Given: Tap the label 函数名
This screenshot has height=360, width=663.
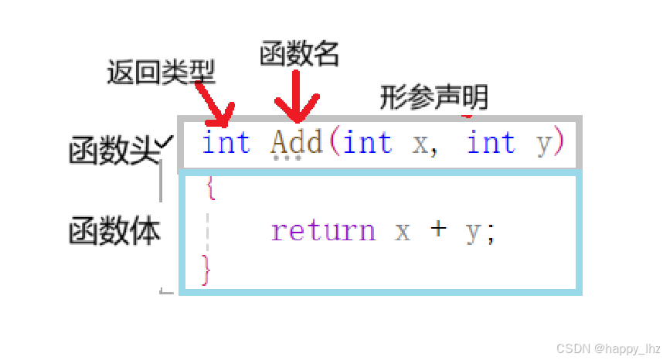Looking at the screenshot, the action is [299, 56].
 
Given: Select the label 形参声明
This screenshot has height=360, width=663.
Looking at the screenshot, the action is [433, 97].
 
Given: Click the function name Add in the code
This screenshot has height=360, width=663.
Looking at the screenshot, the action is [296, 143].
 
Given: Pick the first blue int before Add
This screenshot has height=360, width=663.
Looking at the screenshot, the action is [226, 143].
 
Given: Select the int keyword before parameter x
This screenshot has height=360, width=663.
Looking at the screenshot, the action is [366, 143].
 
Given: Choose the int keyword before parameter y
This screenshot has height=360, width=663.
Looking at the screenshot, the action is [491, 143].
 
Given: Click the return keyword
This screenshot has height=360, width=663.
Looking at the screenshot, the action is [322, 231].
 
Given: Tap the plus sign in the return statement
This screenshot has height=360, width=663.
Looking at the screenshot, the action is [438, 231].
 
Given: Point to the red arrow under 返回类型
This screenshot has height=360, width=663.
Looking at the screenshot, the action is [212, 104].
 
